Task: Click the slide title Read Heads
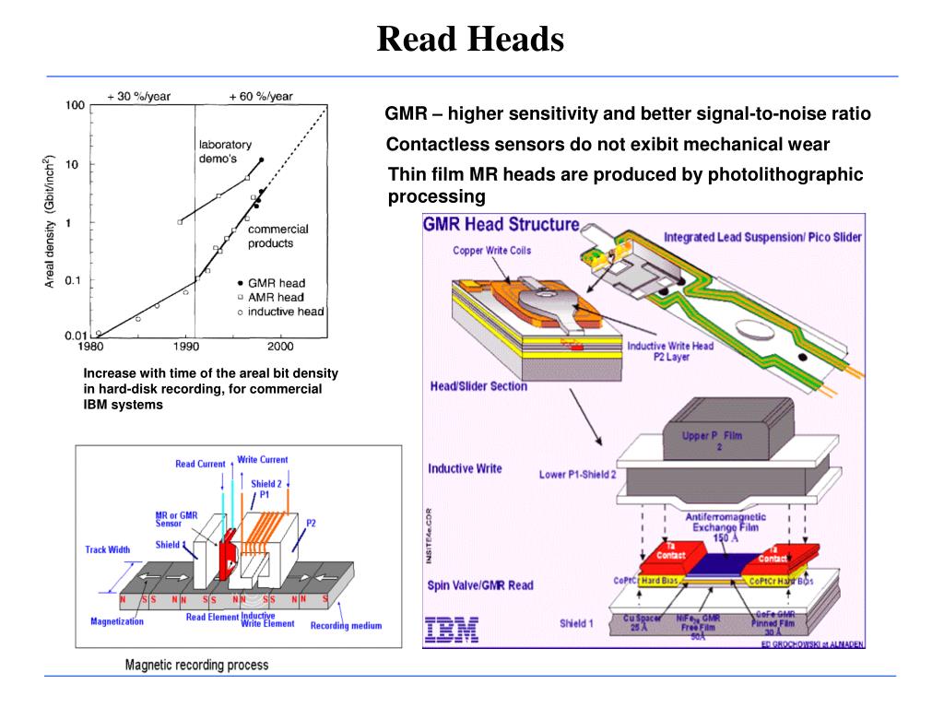pos(470,39)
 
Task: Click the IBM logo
pos(452,630)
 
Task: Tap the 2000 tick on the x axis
pos(279,347)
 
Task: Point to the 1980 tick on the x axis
pos(89,347)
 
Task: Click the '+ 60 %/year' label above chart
pos(261,96)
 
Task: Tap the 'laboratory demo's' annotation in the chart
pos(225,151)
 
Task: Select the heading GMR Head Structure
pos(501,225)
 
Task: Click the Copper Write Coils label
pos(491,251)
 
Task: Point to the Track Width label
pos(108,549)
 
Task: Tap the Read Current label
pos(199,465)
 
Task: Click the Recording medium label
pos(346,626)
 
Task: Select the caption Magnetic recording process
pos(196,665)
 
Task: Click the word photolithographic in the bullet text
pos(785,174)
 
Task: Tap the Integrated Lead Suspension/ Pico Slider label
pos(762,237)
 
